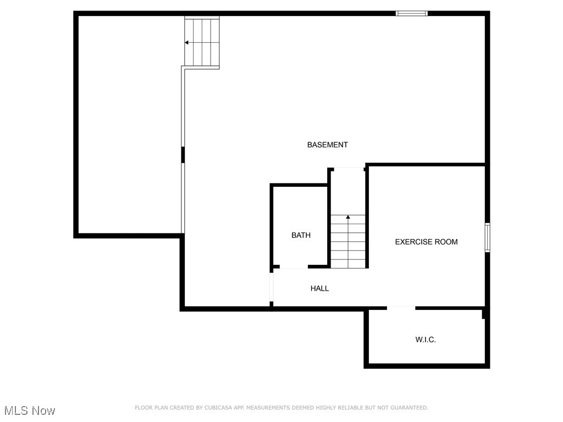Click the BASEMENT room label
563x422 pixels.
[327, 145]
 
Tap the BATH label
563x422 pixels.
[301, 235]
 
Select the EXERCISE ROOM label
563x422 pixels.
[426, 242]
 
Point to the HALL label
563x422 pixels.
[319, 288]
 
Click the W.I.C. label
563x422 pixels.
[426, 340]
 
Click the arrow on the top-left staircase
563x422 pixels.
[187, 42]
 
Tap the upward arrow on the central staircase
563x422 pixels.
[347, 218]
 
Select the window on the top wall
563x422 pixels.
[412, 13]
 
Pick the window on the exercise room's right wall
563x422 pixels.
[487, 237]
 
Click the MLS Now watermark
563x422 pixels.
[30, 410]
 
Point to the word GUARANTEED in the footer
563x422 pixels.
[407, 408]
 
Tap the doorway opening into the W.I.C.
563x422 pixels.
[401, 308]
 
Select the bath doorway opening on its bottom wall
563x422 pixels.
[294, 267]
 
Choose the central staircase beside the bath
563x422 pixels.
[348, 242]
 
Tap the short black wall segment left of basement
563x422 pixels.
[183, 154]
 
